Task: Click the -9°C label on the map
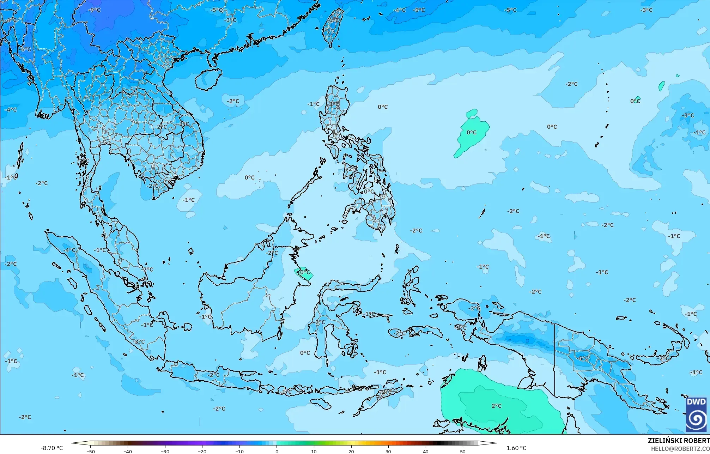(95, 10)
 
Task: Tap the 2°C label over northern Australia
(496, 406)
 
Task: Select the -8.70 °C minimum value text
(51, 448)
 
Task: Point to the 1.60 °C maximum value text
(516, 448)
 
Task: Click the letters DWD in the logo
(696, 402)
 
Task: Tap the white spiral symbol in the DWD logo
(696, 419)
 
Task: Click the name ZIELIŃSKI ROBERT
(678, 441)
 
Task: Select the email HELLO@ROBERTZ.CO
(680, 449)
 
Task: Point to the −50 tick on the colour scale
(91, 452)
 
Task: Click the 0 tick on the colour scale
(277, 452)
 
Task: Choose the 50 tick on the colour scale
(463, 452)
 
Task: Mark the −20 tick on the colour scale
(202, 452)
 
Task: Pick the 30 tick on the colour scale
(388, 452)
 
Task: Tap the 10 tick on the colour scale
(314, 452)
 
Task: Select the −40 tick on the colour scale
(128, 452)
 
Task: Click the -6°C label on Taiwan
(333, 20)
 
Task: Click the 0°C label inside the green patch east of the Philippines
(472, 133)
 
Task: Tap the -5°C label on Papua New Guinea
(583, 358)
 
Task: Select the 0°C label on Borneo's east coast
(304, 273)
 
